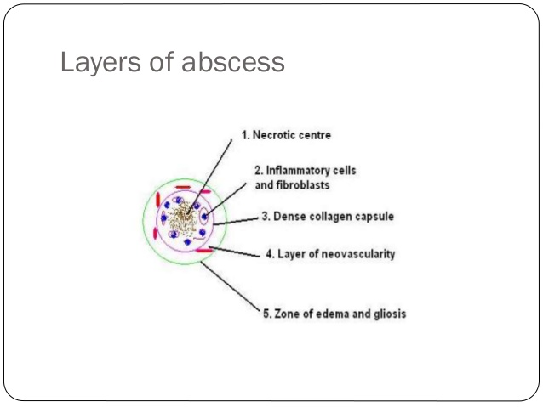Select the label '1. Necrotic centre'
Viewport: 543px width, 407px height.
coord(285,135)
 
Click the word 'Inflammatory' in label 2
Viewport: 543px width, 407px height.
coord(296,171)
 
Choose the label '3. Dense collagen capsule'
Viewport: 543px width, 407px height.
coord(327,217)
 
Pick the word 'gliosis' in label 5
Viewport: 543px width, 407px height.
coord(387,314)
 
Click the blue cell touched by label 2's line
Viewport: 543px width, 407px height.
coord(205,218)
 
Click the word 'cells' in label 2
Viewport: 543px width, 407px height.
coord(345,171)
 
